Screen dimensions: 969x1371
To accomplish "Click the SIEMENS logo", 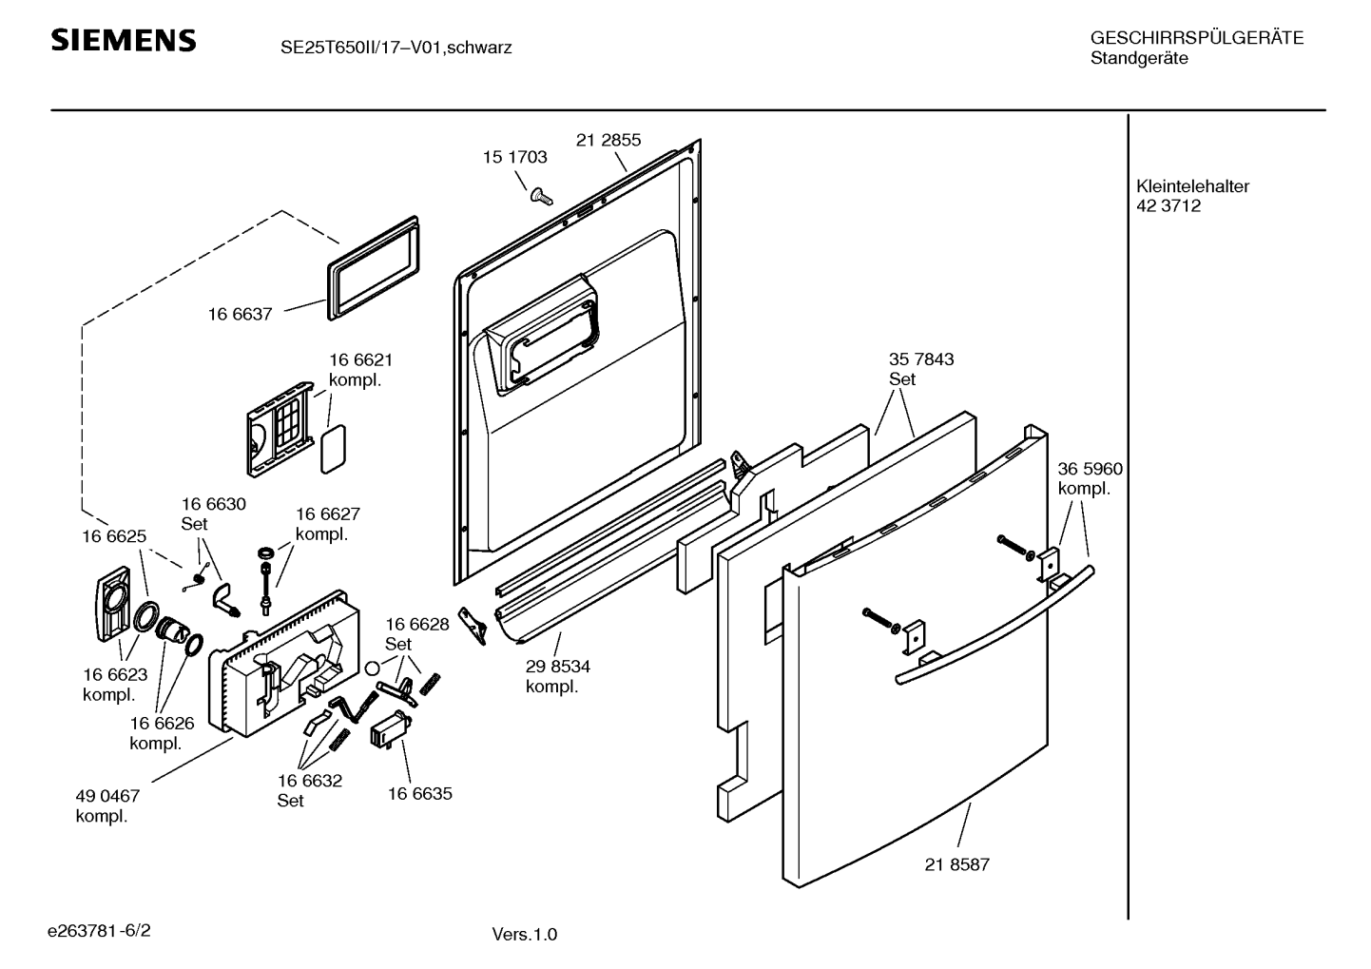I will coord(123,41).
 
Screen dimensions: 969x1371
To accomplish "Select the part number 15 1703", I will coord(514,158).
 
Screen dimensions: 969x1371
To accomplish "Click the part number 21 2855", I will coord(608,140).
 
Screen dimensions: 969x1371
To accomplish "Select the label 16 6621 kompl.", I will coord(360,370).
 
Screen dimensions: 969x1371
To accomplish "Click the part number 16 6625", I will coord(114,536).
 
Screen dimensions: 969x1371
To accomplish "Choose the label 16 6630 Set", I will coord(213,514).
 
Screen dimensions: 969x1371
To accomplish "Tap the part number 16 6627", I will coord(327,514).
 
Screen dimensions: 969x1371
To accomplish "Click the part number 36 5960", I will coord(1090,469).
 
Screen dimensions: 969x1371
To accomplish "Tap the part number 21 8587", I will coord(956,864).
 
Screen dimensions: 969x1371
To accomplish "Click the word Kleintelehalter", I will coord(1192,186).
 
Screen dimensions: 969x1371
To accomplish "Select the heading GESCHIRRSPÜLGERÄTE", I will coord(1196,38).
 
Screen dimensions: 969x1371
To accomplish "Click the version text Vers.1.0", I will coord(524,934).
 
